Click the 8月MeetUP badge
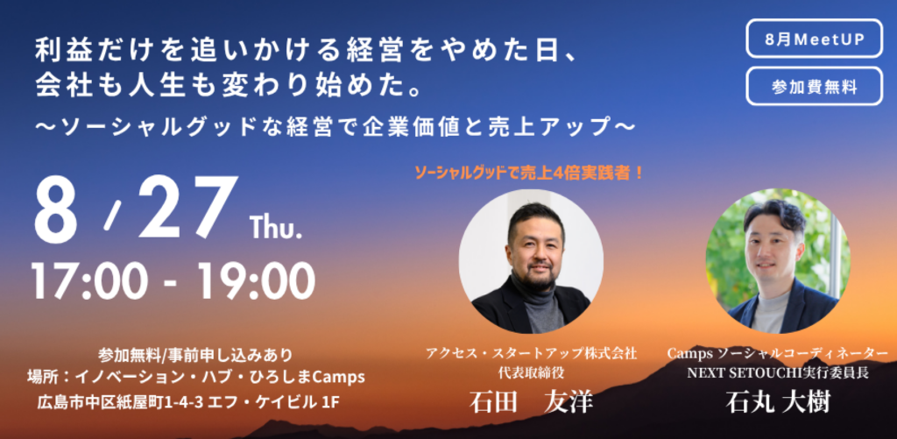tap(814, 39)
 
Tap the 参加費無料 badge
tap(814, 87)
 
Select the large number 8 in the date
tap(55, 209)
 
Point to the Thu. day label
tap(276, 227)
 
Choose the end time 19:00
tap(256, 281)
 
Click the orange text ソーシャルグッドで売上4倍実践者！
tap(530, 173)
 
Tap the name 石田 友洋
tap(531, 402)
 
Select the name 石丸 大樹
tap(778, 402)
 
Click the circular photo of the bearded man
tap(531, 262)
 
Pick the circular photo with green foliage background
tap(778, 262)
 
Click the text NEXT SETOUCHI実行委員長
tap(778, 372)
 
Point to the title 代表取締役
tap(532, 372)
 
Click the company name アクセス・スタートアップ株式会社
tap(531, 353)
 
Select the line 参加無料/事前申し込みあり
tap(195, 355)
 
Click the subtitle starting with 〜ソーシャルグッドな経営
tap(335, 126)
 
